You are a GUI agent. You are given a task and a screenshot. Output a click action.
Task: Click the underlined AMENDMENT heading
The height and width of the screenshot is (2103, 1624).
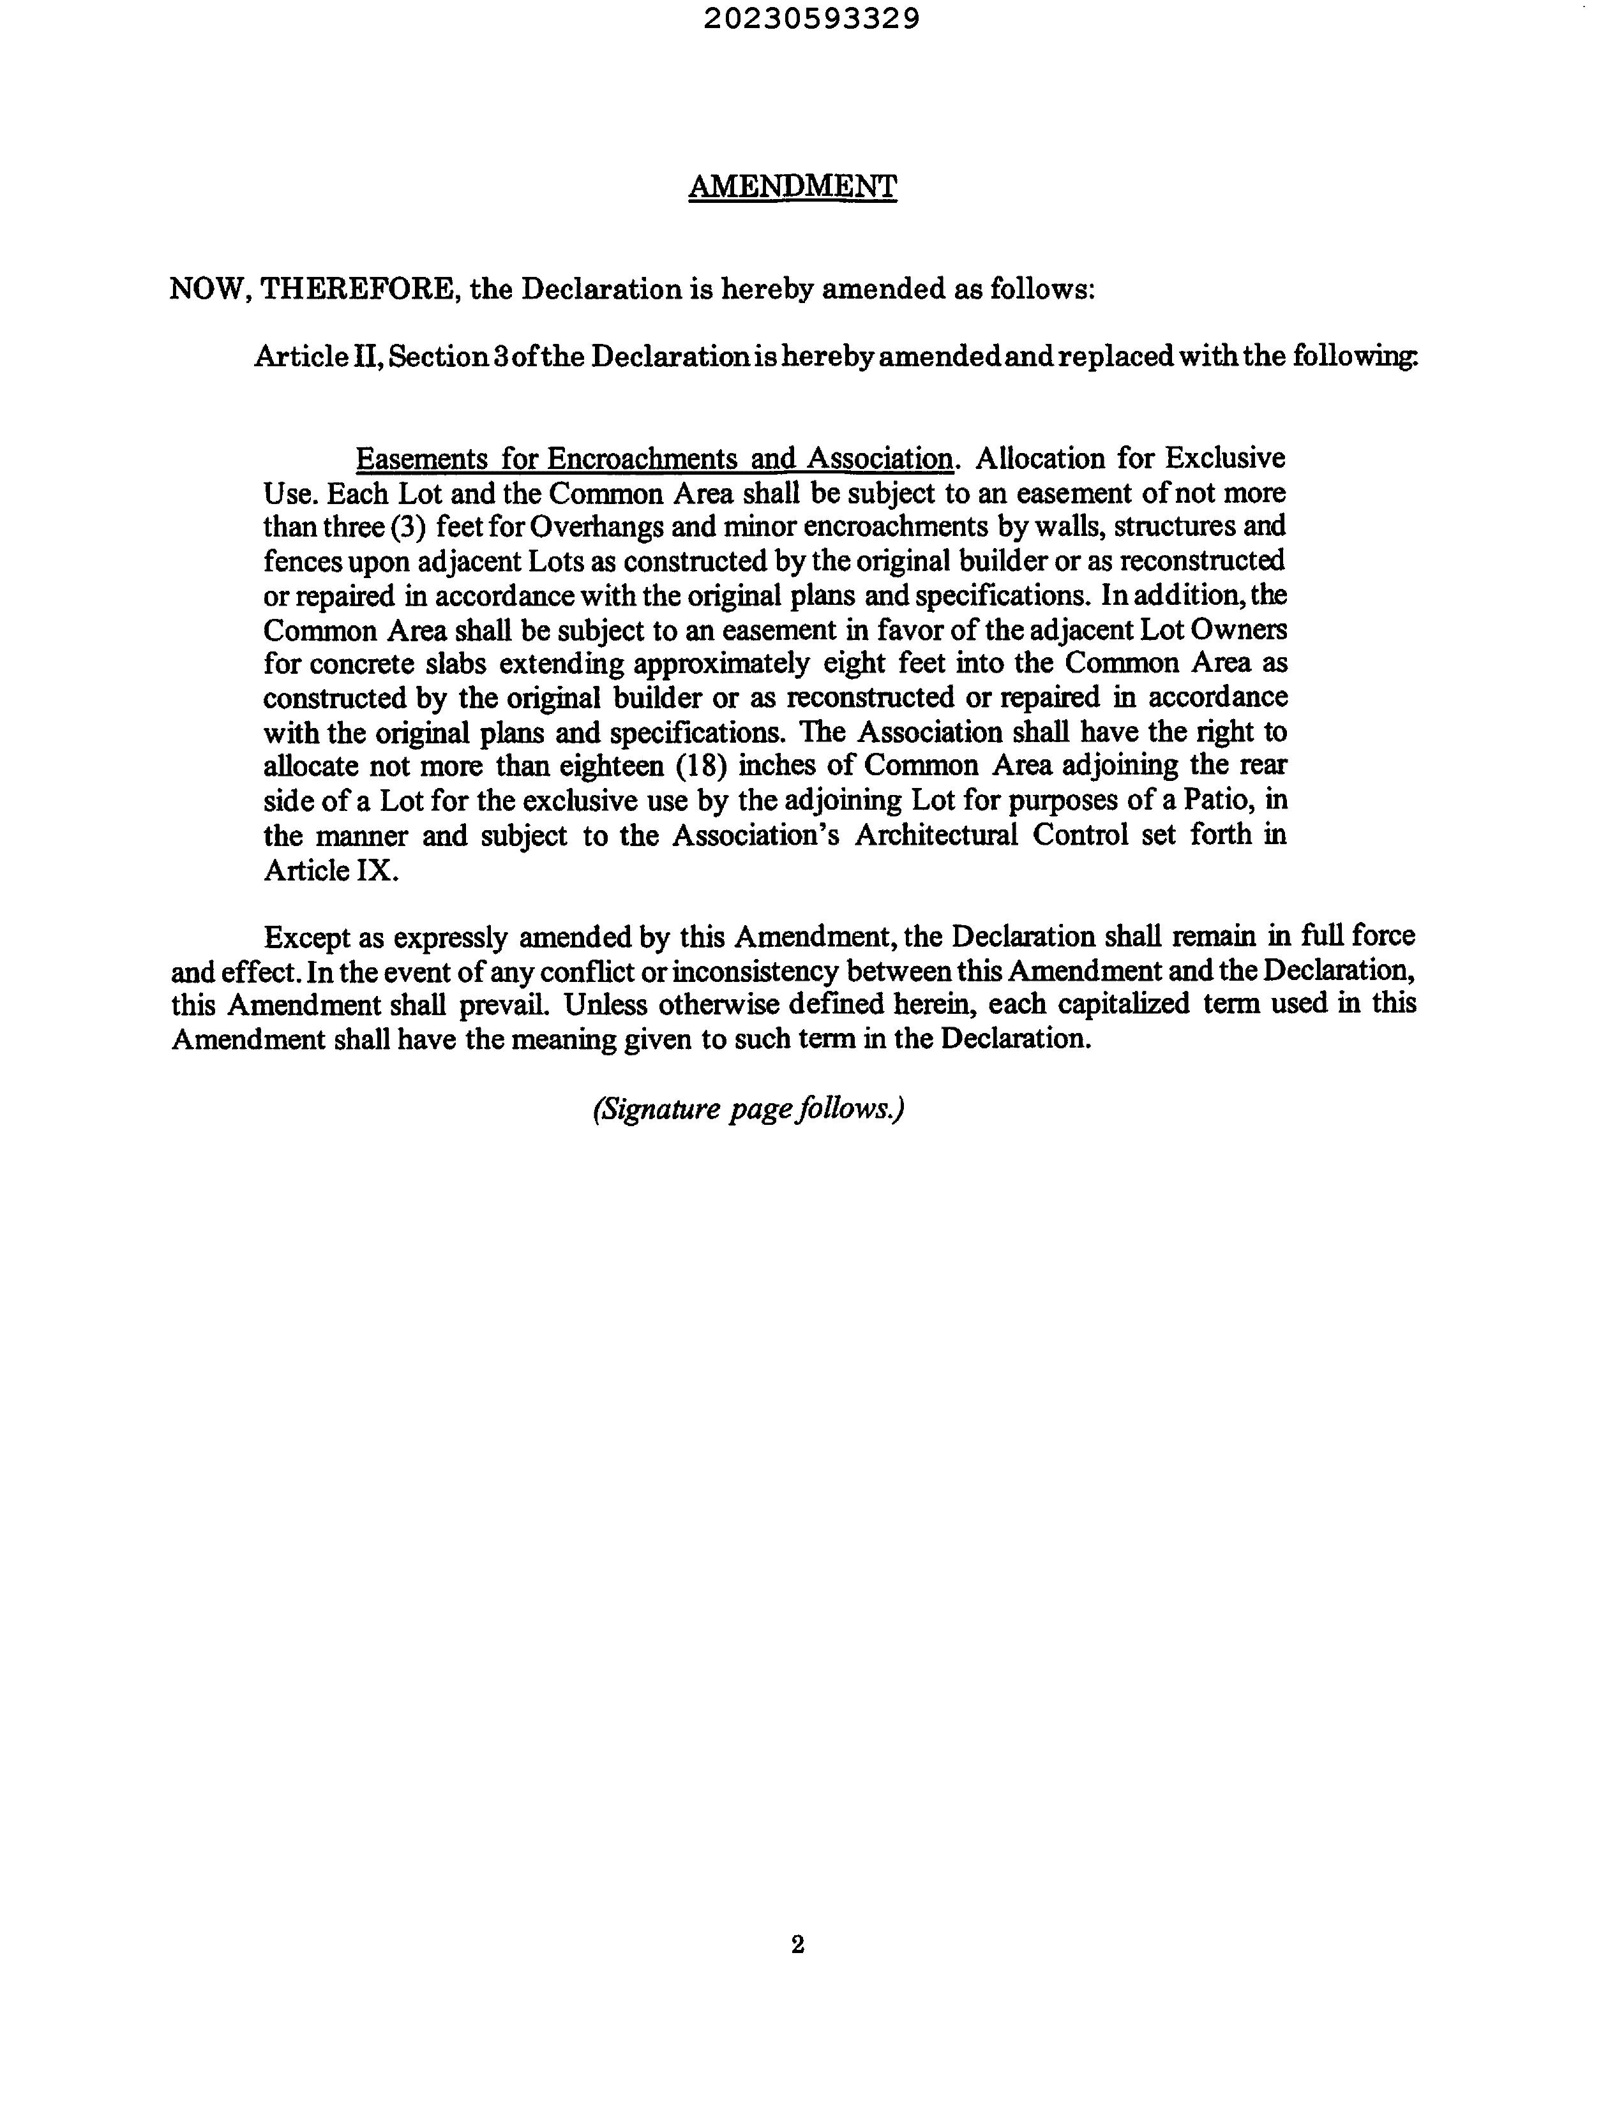point(792,186)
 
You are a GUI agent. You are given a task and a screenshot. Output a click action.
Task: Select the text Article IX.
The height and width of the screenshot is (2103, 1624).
point(331,870)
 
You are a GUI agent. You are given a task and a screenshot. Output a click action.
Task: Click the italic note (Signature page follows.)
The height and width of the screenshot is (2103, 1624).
point(748,1110)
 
